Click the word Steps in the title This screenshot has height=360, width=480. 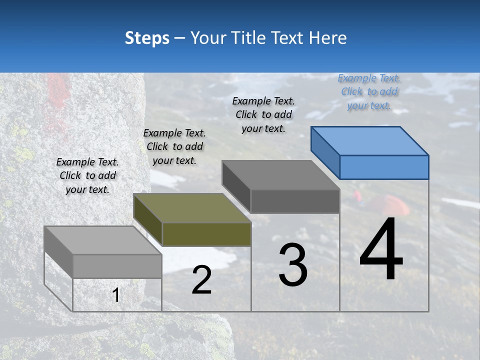147,38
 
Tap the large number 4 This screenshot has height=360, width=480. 381,249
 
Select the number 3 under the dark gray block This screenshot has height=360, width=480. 293,265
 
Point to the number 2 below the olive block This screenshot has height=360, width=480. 201,280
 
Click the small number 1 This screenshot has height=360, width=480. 116,295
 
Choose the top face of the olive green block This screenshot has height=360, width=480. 192,208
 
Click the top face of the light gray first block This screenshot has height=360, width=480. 103,240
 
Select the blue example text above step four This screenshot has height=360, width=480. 369,91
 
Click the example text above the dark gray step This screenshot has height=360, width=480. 263,114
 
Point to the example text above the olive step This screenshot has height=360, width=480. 174,146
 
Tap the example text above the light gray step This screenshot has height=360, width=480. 87,175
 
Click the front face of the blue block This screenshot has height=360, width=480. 384,167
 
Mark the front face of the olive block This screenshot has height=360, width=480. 206,234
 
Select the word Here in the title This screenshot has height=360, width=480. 328,38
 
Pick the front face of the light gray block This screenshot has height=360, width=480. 117,266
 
